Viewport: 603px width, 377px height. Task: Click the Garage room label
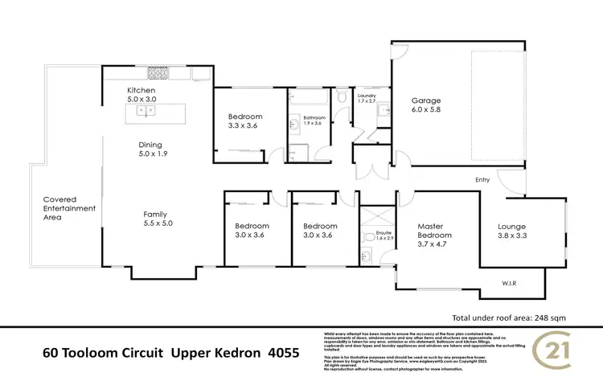426,100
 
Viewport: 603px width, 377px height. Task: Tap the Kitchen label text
141,91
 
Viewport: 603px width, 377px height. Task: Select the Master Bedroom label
435,226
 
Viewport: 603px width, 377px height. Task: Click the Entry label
482,180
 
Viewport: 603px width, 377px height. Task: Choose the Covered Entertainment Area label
70,208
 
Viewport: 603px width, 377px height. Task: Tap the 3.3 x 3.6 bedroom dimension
245,126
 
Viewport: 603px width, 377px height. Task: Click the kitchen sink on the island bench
144,113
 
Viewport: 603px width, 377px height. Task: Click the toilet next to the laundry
343,98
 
